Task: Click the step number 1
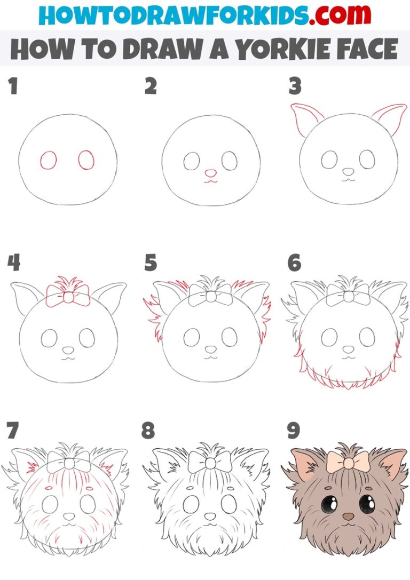(x=13, y=87)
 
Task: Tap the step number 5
(x=151, y=263)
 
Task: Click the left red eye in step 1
(x=49, y=160)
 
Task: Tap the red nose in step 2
(x=211, y=173)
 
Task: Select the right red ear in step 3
(x=388, y=118)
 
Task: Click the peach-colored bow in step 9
(x=348, y=461)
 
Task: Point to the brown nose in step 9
(x=348, y=517)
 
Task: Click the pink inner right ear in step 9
(x=392, y=464)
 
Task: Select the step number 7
(x=13, y=431)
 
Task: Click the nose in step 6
(x=348, y=349)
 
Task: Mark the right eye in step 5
(x=229, y=336)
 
